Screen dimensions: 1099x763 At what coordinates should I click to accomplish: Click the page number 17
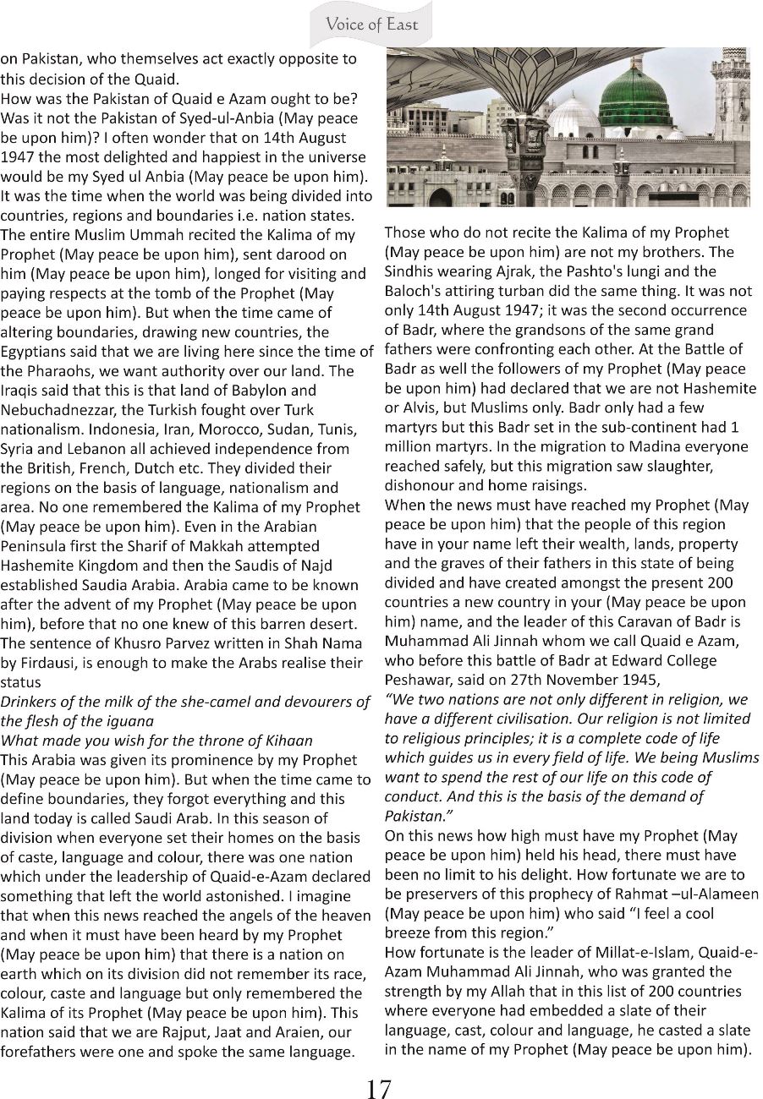(379, 1089)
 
